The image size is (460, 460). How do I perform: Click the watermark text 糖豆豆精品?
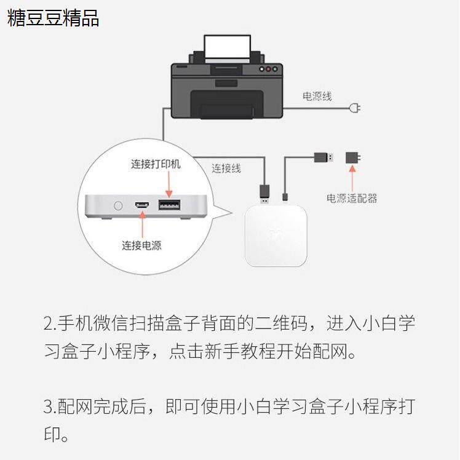54,18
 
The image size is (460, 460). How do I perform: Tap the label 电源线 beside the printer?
317,97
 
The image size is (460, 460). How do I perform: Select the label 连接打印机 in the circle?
156,164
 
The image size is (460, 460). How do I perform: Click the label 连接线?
226,168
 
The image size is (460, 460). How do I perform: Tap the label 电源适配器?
352,197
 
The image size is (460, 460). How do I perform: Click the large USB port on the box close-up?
166,204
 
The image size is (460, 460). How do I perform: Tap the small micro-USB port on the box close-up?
142,204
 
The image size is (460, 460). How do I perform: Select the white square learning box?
276,236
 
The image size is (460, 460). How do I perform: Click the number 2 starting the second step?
49,323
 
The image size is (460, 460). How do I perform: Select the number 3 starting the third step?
49,406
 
